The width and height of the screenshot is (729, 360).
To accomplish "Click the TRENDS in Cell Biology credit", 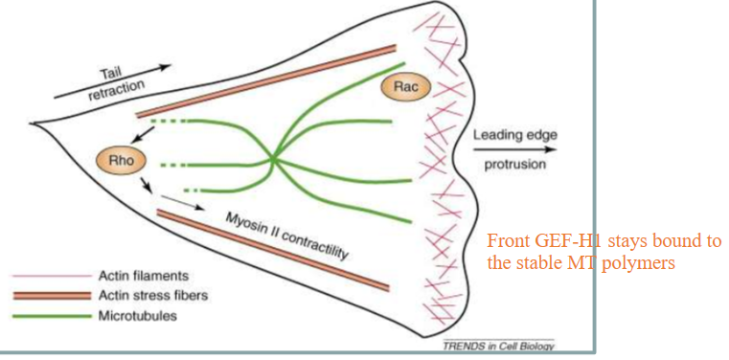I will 499,345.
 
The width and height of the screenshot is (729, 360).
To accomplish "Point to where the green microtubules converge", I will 274,158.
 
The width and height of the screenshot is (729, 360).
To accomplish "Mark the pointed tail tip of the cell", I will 32,123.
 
